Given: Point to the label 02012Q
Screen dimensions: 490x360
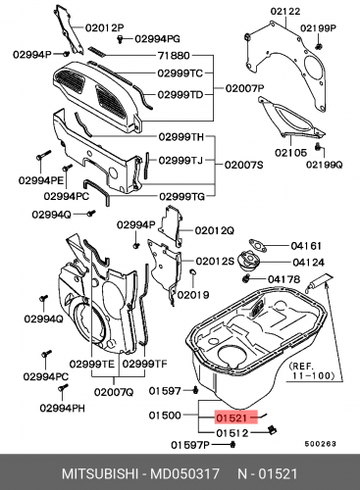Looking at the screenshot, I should click(x=214, y=230).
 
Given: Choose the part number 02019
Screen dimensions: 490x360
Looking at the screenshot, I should click(x=193, y=294).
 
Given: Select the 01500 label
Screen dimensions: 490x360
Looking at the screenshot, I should click(x=165, y=416).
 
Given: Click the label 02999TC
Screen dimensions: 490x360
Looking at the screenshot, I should click(x=182, y=73).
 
